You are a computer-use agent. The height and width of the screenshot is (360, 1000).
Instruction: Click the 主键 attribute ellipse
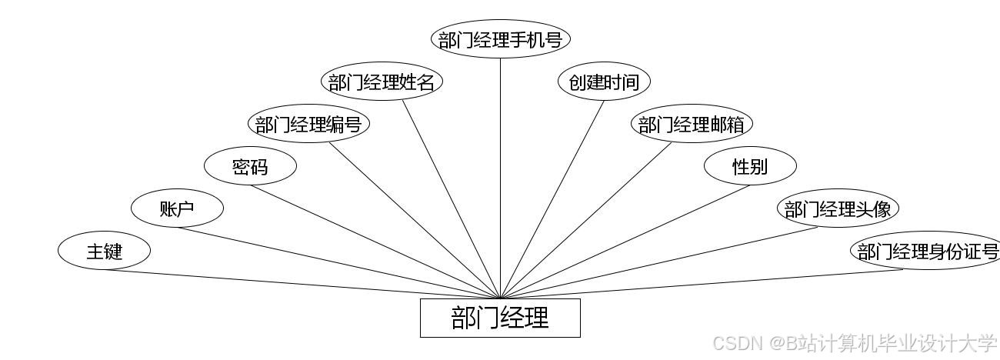pos(104,251)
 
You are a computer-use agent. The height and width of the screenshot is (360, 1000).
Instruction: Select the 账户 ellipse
pos(177,208)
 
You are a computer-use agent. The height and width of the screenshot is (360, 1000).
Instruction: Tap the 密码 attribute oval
pos(250,166)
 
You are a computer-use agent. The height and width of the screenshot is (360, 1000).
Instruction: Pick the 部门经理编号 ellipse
pos(308,124)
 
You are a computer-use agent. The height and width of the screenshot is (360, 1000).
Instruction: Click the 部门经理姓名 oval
pos(382,82)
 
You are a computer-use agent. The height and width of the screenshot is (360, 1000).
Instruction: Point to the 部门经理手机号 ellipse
pos(500,39)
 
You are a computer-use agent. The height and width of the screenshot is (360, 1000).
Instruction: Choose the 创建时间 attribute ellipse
pos(604,82)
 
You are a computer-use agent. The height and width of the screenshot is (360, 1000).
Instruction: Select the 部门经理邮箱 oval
pos(692,124)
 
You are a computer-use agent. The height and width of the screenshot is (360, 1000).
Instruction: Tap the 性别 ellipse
pos(750,166)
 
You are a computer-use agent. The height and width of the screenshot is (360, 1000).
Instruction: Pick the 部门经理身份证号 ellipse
pos(927,251)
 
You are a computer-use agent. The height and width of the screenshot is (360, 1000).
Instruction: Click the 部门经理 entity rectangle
pos(500,318)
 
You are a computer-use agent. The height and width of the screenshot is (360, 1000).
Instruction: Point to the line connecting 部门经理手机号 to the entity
pos(500,177)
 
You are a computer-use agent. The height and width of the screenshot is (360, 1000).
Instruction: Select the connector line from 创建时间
pos(552,199)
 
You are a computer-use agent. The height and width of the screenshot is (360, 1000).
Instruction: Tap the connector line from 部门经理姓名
pos(451,199)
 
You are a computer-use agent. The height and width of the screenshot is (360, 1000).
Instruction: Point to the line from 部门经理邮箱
pos(586,221)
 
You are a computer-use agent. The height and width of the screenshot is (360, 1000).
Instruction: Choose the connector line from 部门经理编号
pos(415,221)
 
